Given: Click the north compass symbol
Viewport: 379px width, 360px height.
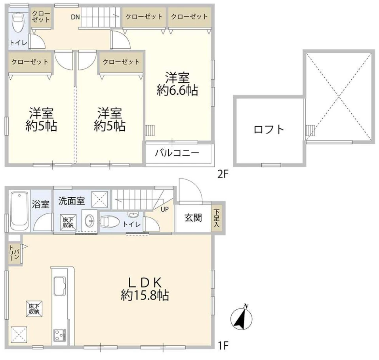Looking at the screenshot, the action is click(x=242, y=318).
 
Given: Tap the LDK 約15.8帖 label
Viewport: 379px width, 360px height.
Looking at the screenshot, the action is click(x=145, y=289).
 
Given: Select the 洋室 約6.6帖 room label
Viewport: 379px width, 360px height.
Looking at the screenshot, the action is click(x=177, y=84).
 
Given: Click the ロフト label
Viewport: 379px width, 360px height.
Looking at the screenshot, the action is click(x=269, y=130).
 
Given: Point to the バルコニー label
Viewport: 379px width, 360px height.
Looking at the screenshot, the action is click(x=177, y=153).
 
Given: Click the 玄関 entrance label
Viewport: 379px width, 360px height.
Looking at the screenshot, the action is click(x=193, y=218).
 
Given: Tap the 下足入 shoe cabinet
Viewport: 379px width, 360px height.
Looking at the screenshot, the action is click(x=217, y=218).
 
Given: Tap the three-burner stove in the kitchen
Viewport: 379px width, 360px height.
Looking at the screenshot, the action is click(x=60, y=335).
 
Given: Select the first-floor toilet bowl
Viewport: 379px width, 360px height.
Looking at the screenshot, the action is click(x=109, y=221).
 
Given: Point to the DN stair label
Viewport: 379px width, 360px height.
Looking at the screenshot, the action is click(x=75, y=17).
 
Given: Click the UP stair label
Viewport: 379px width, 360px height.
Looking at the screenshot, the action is click(x=165, y=209).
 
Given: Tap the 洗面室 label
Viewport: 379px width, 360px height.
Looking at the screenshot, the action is click(x=72, y=201).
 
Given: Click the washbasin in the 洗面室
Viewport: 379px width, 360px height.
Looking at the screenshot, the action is click(x=90, y=221).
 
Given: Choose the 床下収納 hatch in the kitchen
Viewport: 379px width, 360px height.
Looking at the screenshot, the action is click(x=34, y=309).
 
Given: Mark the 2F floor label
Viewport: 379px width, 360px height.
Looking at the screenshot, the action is click(x=223, y=174).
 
